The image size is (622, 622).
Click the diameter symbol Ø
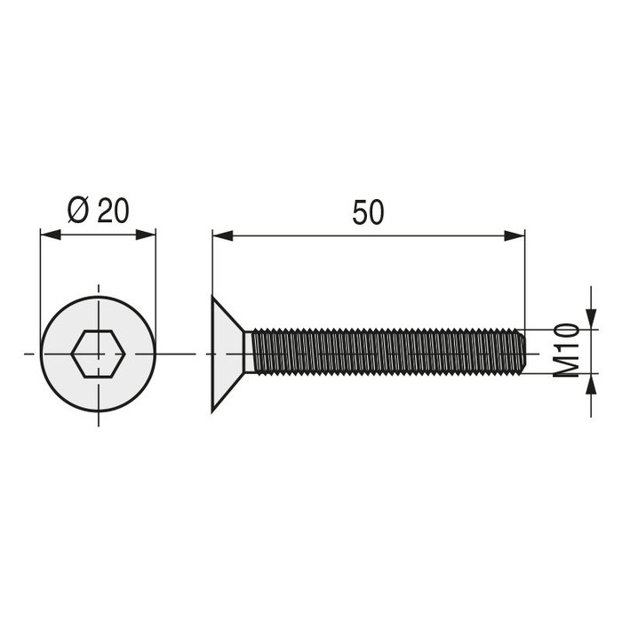(78, 211)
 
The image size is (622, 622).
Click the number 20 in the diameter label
(113, 211)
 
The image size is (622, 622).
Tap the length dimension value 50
(368, 213)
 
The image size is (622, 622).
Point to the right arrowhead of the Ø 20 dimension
(147, 235)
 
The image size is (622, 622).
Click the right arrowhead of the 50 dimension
(514, 235)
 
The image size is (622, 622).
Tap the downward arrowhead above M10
(590, 318)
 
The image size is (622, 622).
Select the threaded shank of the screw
(382, 354)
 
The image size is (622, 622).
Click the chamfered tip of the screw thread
(522, 354)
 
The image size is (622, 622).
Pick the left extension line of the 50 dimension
(211, 267)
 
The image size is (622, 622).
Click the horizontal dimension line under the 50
(368, 235)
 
